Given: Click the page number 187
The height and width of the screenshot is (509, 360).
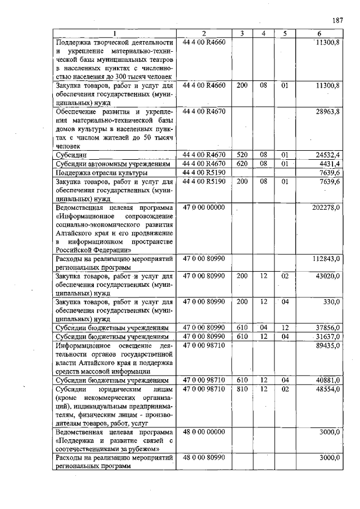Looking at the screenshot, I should click(x=337, y=20).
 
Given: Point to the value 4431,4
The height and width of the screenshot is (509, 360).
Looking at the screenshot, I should click(x=329, y=164).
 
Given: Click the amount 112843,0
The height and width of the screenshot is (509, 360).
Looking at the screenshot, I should click(x=326, y=259).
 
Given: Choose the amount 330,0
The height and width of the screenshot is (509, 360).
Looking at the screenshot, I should click(x=331, y=302).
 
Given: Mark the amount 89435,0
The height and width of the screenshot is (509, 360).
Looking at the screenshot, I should click(x=327, y=345).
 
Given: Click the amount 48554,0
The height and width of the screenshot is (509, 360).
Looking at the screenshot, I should click(x=327, y=389).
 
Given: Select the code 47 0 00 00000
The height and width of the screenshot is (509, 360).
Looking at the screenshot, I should click(x=204, y=208).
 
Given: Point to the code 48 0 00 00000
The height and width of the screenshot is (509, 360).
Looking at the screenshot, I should click(x=204, y=432).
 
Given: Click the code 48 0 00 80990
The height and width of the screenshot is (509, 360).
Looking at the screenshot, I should click(x=204, y=458).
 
